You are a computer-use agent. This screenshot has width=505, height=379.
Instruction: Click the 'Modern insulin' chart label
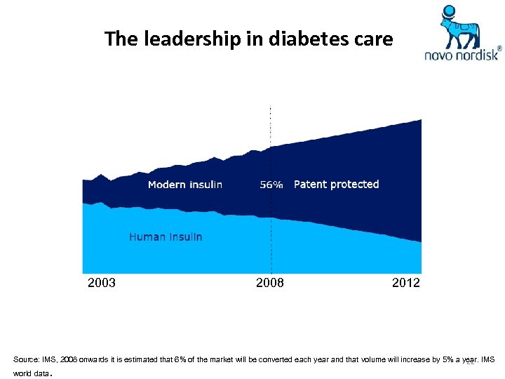point(185,185)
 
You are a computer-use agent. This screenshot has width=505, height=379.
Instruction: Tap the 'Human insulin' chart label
point(166,237)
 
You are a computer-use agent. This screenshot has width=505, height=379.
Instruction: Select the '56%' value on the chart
point(271,185)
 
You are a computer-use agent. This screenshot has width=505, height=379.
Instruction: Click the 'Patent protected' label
point(336,185)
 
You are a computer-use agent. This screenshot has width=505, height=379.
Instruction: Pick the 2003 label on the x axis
point(102,283)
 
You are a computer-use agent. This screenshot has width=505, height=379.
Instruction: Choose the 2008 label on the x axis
point(270,283)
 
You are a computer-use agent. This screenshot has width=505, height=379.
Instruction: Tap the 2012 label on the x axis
point(406,283)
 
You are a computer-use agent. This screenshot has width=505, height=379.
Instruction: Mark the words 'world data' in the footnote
point(31,373)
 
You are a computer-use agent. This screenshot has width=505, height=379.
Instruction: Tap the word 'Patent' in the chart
point(311,185)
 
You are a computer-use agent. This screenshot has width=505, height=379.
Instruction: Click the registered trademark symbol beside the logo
point(499,49)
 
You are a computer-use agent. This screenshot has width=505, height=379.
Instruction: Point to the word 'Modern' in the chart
point(167,185)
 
